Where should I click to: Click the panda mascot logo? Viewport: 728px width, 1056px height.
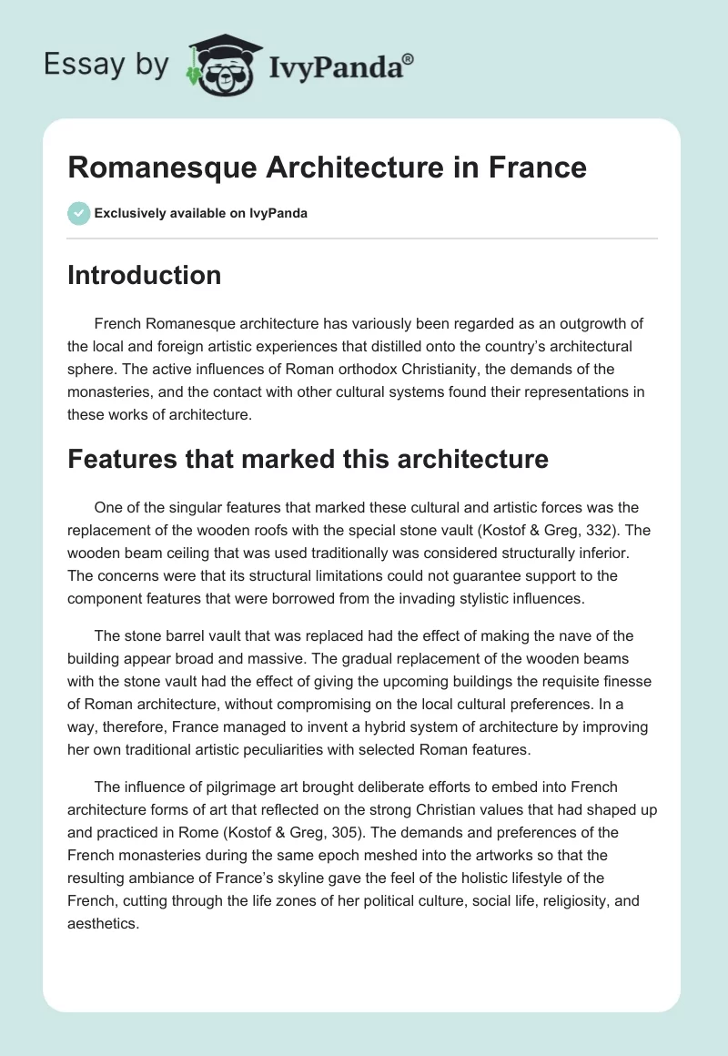point(218,65)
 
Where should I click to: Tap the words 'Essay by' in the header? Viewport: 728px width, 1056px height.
point(106,65)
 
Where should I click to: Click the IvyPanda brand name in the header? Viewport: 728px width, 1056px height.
point(333,67)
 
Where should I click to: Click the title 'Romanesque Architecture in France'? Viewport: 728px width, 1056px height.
point(327,168)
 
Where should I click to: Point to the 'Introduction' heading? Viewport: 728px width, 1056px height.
point(144,275)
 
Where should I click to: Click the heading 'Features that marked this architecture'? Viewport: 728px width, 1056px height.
point(308,459)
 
